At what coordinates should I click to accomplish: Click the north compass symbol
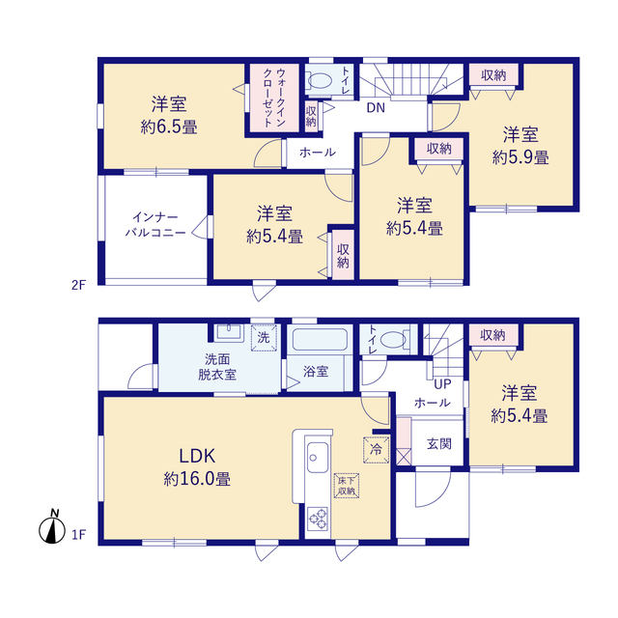(52, 527)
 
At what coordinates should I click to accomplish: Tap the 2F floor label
(78, 285)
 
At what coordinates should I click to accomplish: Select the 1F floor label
(78, 534)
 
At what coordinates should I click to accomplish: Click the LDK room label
(197, 456)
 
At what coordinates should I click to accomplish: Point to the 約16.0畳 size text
(197, 479)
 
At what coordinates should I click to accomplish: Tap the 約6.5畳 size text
(169, 126)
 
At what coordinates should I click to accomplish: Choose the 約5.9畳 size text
(520, 157)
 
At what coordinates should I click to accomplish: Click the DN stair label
(376, 107)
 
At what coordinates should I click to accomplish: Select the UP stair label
(442, 384)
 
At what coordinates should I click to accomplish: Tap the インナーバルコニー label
(155, 225)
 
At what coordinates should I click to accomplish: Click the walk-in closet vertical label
(274, 98)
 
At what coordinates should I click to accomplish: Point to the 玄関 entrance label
(439, 444)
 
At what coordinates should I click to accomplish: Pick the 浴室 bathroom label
(316, 371)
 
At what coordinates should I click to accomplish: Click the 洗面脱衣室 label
(217, 367)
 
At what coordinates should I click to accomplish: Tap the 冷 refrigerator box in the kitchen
(376, 449)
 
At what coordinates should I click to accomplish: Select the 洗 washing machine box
(264, 337)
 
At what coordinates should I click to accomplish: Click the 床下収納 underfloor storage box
(347, 486)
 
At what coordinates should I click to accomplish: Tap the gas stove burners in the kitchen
(318, 519)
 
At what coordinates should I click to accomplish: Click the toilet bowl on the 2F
(320, 81)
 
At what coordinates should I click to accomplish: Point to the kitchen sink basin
(318, 457)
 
